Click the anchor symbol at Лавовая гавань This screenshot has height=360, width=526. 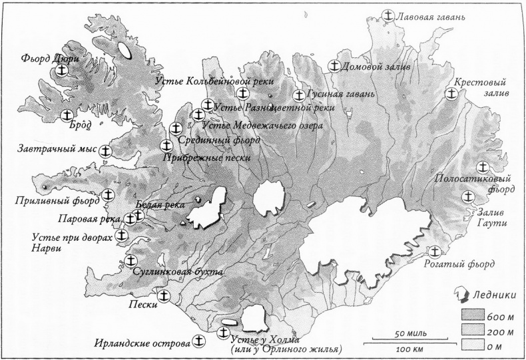[x=389, y=15]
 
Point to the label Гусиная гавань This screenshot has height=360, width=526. [x=340, y=94]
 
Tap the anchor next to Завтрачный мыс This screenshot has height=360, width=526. [x=105, y=152]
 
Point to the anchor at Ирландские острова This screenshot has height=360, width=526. [x=198, y=341]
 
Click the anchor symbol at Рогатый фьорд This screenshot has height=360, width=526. [x=435, y=252]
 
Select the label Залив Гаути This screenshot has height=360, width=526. [x=495, y=216]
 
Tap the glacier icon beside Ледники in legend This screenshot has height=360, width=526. [x=459, y=294]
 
